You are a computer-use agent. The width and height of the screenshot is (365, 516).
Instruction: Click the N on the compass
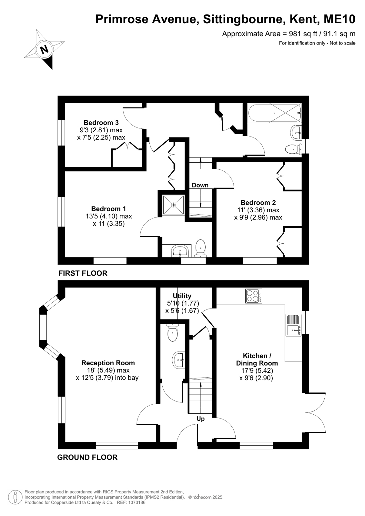coord(44,49)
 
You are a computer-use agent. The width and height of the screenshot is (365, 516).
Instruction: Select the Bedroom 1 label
coord(108,209)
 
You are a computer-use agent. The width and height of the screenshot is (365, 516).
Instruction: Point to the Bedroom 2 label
coord(258,202)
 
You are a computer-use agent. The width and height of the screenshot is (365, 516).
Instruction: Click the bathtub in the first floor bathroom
coord(275,113)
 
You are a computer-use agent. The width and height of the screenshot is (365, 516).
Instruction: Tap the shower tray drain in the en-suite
coord(173,205)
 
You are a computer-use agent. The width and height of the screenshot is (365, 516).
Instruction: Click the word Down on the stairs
coord(200,185)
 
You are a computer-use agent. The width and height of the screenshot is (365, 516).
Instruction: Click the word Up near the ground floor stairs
coord(200,419)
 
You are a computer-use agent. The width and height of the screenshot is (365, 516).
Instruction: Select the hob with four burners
coord(253,296)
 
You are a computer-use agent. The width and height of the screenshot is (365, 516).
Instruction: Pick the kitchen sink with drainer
coord(293,325)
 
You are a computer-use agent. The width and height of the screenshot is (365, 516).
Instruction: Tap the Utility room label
coord(182,296)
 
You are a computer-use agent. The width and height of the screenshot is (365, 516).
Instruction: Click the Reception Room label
coord(108,363)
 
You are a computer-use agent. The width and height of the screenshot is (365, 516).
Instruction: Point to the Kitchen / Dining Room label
coord(257,359)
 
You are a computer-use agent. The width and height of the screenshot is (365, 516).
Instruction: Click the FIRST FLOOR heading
coord(83,273)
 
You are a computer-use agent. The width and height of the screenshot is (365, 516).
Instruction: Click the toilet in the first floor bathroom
coord(293,149)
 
